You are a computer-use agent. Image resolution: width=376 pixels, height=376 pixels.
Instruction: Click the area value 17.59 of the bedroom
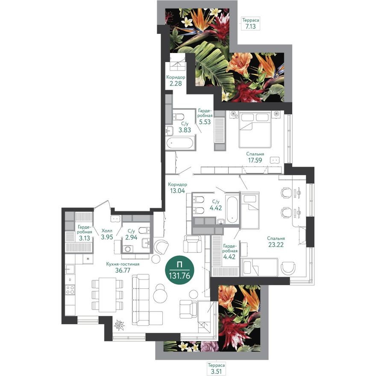(x=255, y=161)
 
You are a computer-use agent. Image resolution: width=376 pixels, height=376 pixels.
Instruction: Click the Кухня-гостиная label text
(x=123, y=264)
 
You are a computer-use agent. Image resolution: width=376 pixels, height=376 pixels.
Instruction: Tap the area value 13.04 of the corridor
(x=176, y=191)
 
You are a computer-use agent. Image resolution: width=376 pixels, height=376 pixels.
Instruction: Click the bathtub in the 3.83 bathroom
(x=180, y=144)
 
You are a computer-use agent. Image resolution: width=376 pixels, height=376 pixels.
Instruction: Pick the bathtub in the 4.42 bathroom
(x=232, y=209)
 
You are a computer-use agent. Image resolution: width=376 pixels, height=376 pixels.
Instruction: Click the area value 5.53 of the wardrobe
(x=204, y=122)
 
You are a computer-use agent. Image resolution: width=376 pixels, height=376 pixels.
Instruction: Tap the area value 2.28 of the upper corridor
(x=175, y=84)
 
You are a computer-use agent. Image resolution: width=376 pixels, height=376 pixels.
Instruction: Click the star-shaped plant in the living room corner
(x=119, y=326)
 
